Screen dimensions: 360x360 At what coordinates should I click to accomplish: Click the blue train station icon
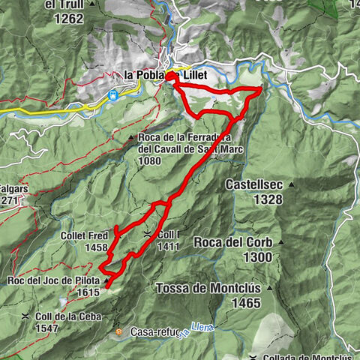point(112,95)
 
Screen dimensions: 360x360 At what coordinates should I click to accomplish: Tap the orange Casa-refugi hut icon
point(118,331)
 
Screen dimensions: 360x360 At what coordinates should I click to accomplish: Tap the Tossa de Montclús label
point(208,288)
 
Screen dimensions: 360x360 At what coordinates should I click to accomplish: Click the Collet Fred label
point(84,235)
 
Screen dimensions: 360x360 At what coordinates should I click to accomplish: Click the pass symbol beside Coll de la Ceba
point(25,316)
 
